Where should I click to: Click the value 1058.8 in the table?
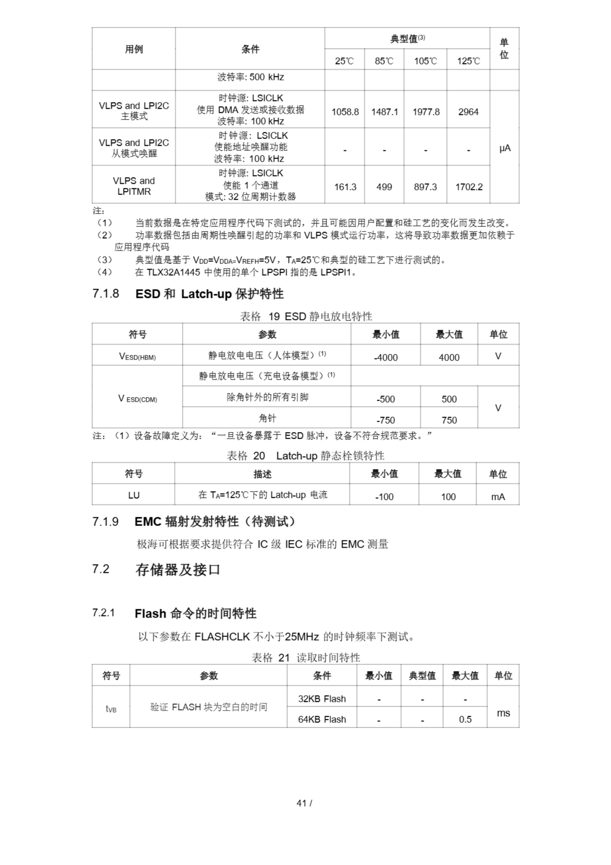coord(345,112)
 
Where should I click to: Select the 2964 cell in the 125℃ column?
coord(468,112)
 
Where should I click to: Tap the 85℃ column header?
coord(384,61)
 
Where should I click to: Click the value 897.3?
coord(425,187)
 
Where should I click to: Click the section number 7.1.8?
coord(106,294)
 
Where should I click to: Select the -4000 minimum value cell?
coord(386,357)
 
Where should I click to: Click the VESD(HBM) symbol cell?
coord(137,356)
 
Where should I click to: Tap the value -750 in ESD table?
coord(386,420)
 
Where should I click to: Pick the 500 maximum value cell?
coord(449,399)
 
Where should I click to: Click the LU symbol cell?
coord(134,495)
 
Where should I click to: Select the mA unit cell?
coord(498,497)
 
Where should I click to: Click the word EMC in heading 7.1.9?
coord(148,522)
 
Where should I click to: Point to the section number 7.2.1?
coord(104,613)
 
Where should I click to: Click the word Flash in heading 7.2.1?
coord(150,614)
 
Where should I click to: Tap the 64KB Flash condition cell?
coord(322,719)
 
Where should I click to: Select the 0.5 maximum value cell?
coord(465,719)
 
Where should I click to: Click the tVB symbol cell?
coord(111,709)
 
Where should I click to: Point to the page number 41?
coord(301,803)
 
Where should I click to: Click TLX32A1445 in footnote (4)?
coord(173,272)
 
